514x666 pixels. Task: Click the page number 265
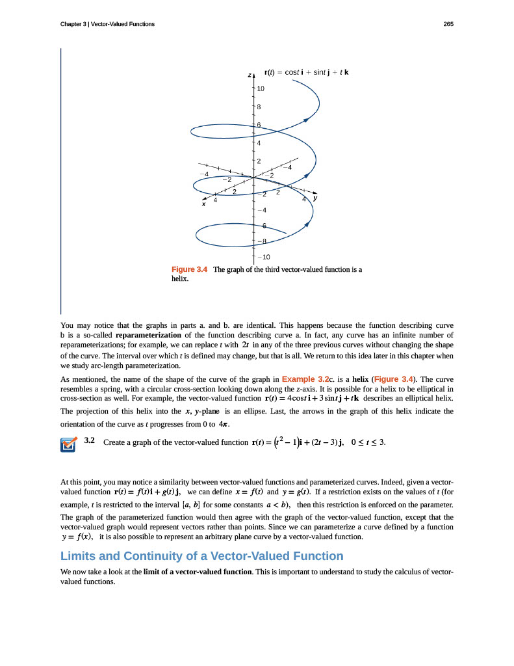(x=448, y=25)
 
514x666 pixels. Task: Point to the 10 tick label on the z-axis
(x=261, y=88)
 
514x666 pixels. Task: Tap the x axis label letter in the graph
(x=203, y=204)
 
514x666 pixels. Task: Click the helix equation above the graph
(x=307, y=72)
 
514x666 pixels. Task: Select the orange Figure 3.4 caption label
(x=189, y=269)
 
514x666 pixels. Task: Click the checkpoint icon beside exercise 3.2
(x=68, y=444)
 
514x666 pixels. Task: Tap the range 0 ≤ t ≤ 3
(x=368, y=443)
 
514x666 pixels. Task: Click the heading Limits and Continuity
(x=201, y=556)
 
